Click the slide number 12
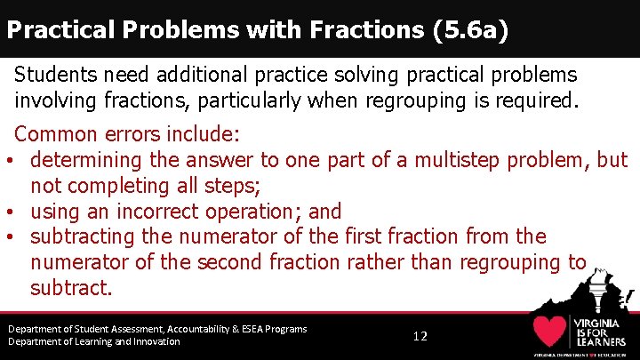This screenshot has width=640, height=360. (x=420, y=336)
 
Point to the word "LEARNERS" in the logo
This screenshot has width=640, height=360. (x=601, y=342)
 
